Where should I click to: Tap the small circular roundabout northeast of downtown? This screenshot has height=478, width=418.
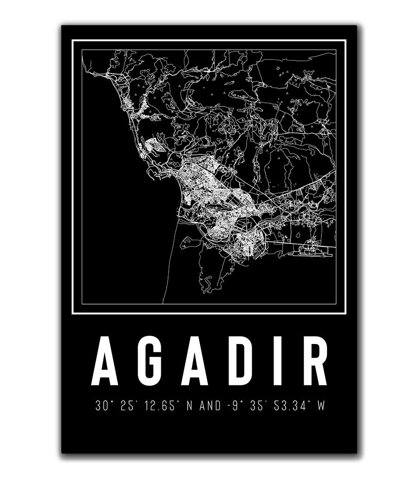224,172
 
